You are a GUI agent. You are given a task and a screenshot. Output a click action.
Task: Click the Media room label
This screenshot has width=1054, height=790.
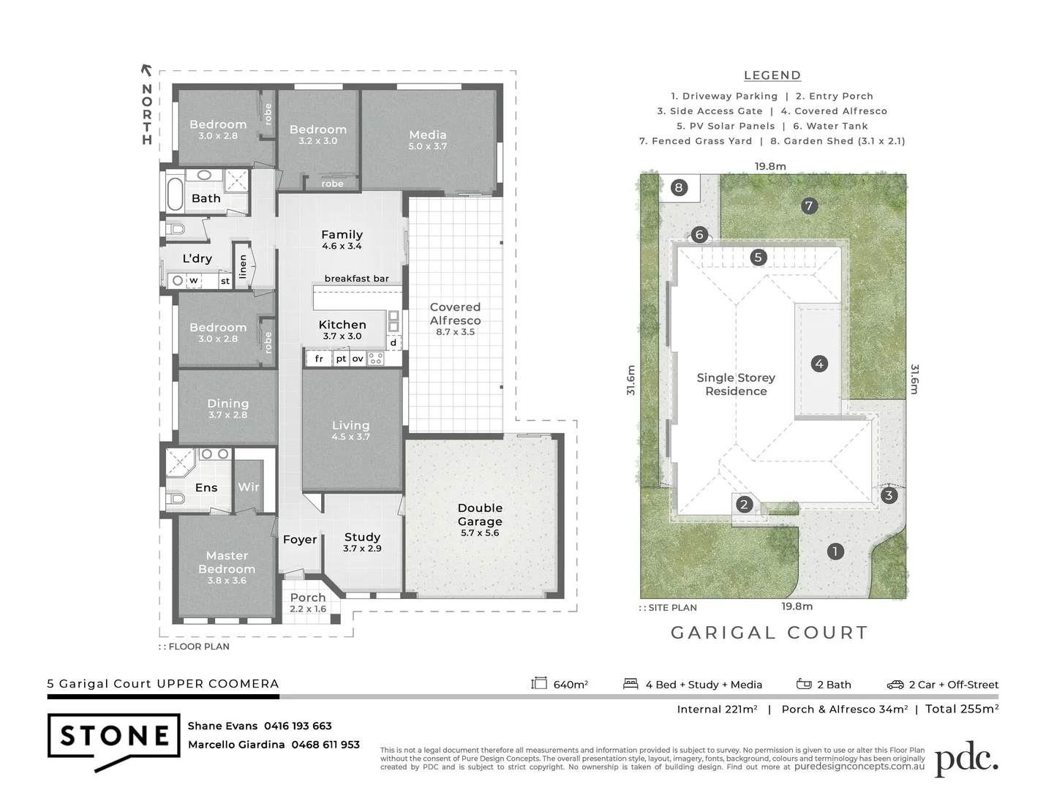[428, 135]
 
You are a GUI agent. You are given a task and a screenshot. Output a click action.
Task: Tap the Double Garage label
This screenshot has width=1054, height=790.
[480, 514]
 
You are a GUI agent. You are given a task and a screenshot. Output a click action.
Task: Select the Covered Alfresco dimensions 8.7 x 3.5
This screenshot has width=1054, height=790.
[455, 332]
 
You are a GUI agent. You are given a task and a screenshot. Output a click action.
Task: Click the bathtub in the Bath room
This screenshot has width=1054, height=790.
[175, 192]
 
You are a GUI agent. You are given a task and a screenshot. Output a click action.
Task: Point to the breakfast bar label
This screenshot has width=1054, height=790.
[357, 279]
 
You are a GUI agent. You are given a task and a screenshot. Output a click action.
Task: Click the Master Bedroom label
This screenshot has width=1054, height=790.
[227, 562]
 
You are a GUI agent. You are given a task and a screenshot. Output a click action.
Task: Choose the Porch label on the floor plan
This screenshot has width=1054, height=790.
[307, 598]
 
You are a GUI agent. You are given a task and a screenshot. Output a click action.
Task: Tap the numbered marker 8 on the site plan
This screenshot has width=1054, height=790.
[679, 188]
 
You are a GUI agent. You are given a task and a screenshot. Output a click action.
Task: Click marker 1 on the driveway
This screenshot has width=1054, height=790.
[835, 552]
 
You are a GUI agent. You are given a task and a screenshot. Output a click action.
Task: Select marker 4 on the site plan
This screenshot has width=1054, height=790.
[819, 364]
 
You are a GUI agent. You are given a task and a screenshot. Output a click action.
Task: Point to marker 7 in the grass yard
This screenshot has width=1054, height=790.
[808, 206]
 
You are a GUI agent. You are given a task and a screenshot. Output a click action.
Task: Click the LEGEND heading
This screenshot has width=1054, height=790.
[772, 75]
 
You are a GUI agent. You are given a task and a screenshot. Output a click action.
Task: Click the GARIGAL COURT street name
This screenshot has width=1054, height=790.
[769, 633]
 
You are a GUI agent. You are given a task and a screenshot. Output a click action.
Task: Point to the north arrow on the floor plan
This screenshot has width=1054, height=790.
[146, 70]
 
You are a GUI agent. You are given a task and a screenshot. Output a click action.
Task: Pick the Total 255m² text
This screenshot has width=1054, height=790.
[962, 708]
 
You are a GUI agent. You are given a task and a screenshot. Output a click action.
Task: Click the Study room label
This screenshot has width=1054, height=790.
[362, 537]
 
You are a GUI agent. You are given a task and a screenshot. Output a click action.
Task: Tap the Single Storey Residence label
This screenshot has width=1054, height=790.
[735, 384]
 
